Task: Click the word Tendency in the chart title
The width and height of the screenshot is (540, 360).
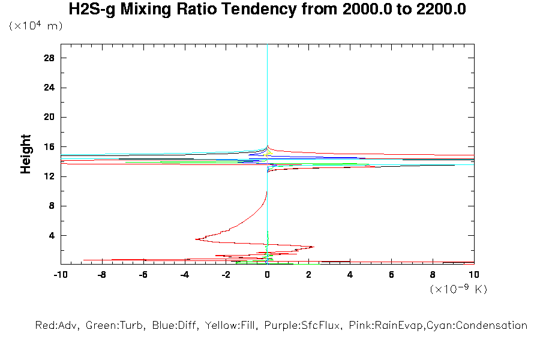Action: [x=253, y=10]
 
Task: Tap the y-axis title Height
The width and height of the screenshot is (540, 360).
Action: [x=26, y=154]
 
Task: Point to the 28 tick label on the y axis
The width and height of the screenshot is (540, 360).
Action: [x=49, y=58]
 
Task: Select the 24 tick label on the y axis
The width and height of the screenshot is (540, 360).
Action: [x=49, y=88]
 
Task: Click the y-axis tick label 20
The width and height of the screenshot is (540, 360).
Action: [x=49, y=117]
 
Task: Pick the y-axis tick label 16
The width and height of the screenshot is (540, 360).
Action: [x=49, y=147]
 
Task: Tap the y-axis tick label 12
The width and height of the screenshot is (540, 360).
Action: [x=49, y=176]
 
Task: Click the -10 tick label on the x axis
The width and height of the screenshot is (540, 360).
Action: [x=60, y=274]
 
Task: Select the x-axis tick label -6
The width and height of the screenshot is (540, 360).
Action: [x=143, y=274]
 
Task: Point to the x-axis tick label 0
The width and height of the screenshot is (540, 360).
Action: [x=268, y=274]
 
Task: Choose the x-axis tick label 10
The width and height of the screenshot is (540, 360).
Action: [x=474, y=274]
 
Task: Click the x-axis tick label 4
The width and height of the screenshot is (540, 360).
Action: [x=350, y=274]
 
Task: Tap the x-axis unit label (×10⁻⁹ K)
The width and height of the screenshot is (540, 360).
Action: [x=458, y=289]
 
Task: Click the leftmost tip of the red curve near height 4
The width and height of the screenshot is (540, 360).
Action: [x=196, y=239]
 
